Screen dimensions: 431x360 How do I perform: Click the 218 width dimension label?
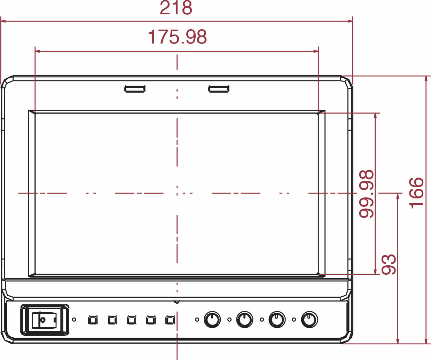[x=176, y=8]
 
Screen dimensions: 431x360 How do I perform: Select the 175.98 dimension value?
[x=178, y=37]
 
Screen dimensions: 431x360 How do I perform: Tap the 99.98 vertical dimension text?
[x=366, y=194]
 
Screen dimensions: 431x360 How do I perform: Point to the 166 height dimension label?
[x=416, y=193]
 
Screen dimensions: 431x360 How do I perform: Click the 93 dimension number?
[x=389, y=264]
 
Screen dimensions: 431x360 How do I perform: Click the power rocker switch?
[x=45, y=320]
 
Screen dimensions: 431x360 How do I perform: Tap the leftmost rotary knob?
[x=212, y=319]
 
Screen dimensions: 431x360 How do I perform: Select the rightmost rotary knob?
[x=309, y=319]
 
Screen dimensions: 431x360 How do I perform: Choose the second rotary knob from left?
[x=245, y=319]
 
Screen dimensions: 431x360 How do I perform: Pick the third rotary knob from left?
[x=277, y=319]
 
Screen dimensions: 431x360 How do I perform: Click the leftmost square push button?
[x=93, y=320]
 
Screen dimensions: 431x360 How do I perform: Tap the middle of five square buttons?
[x=132, y=320]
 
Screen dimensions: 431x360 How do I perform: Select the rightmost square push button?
[x=170, y=320]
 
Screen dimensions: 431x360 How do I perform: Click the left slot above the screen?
[x=135, y=89]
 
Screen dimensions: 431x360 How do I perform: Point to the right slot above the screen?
[x=219, y=89]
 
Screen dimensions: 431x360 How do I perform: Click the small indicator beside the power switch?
[x=74, y=320]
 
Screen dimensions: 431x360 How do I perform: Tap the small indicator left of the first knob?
[x=197, y=320]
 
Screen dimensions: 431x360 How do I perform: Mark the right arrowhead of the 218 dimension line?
[x=350, y=21]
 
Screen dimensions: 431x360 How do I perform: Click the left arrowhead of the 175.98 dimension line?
[x=38, y=51]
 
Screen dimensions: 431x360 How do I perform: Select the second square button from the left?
[x=112, y=320]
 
